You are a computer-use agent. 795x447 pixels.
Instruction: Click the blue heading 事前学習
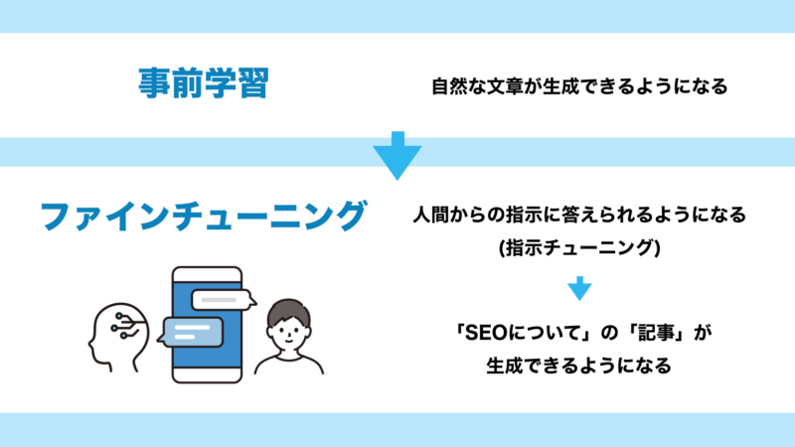coord(204,82)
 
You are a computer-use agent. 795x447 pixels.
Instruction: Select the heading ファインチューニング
coord(204,216)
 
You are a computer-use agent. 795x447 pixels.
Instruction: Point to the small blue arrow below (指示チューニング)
coord(579,288)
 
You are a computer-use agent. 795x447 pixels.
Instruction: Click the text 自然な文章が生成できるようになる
coord(579,86)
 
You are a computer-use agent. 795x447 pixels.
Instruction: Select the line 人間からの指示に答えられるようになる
coord(579,215)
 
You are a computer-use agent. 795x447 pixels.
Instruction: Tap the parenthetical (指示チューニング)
coord(579,247)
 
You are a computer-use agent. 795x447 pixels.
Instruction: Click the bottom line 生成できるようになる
coord(579,366)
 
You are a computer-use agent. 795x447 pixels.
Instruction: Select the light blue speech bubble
coord(190,333)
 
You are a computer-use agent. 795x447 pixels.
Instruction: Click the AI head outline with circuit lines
coord(119,337)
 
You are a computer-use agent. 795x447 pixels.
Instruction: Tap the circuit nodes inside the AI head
coord(124,327)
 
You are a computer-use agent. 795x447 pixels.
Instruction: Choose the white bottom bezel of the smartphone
coord(207,375)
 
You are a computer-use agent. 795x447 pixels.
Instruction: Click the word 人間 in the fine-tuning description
coord(431,215)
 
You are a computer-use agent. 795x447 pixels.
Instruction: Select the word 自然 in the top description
coord(450,86)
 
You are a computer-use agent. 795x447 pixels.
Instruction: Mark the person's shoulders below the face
coord(288,364)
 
